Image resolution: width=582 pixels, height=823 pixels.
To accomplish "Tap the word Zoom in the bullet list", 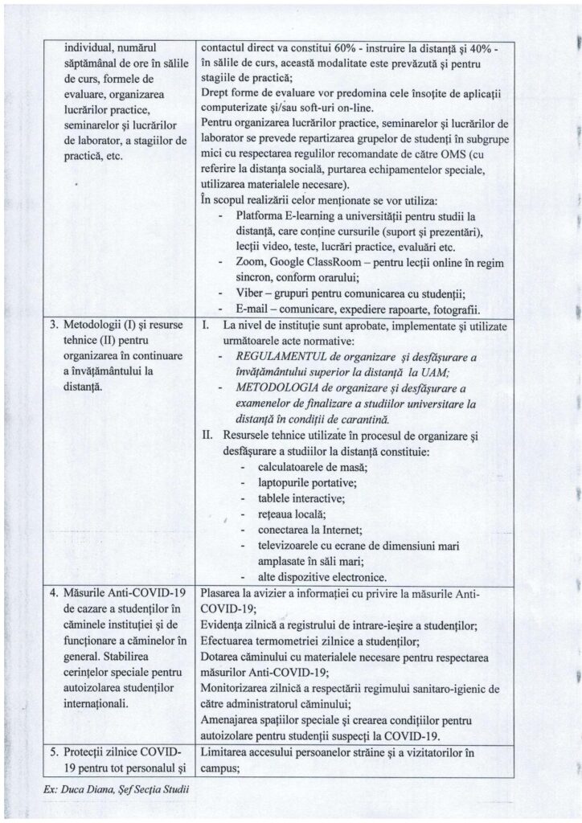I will [252, 263].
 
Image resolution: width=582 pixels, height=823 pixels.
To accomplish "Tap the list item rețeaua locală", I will [292, 514].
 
